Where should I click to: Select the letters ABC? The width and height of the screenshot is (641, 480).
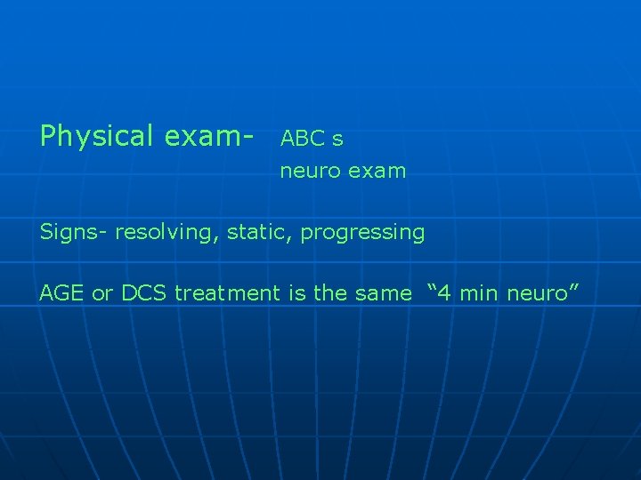pos(303,139)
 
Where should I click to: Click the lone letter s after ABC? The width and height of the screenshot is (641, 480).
pos(337,140)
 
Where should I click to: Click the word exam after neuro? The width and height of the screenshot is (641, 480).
pos(377,171)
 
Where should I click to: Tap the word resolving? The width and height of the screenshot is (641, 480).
pos(167,233)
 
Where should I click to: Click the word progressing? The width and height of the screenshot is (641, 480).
pos(362,233)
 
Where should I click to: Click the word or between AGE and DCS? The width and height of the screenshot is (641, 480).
pos(101,293)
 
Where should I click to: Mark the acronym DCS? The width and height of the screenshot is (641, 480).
pos(142,293)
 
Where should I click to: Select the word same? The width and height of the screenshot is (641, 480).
pos(384,293)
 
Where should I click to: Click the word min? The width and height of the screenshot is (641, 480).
pos(479,293)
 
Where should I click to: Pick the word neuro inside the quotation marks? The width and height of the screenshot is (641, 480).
pos(536,293)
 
